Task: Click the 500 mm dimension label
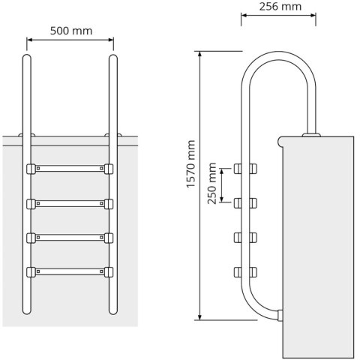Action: tap(71, 31)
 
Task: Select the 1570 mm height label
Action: tap(192, 165)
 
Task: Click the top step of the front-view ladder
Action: tap(70, 169)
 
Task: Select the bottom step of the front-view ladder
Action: tap(70, 271)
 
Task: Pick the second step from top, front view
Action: tap(70, 202)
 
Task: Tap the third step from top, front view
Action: tap(70, 237)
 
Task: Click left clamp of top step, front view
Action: tap(30, 169)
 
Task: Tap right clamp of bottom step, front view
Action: tap(109, 271)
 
